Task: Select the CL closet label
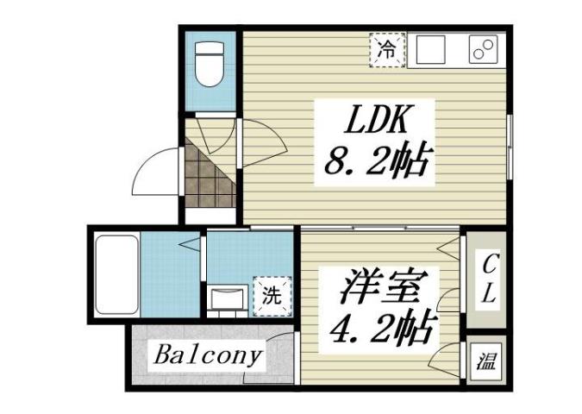point(487,277)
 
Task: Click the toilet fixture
point(210,66)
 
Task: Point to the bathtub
point(116,274)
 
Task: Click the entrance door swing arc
point(155,172)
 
